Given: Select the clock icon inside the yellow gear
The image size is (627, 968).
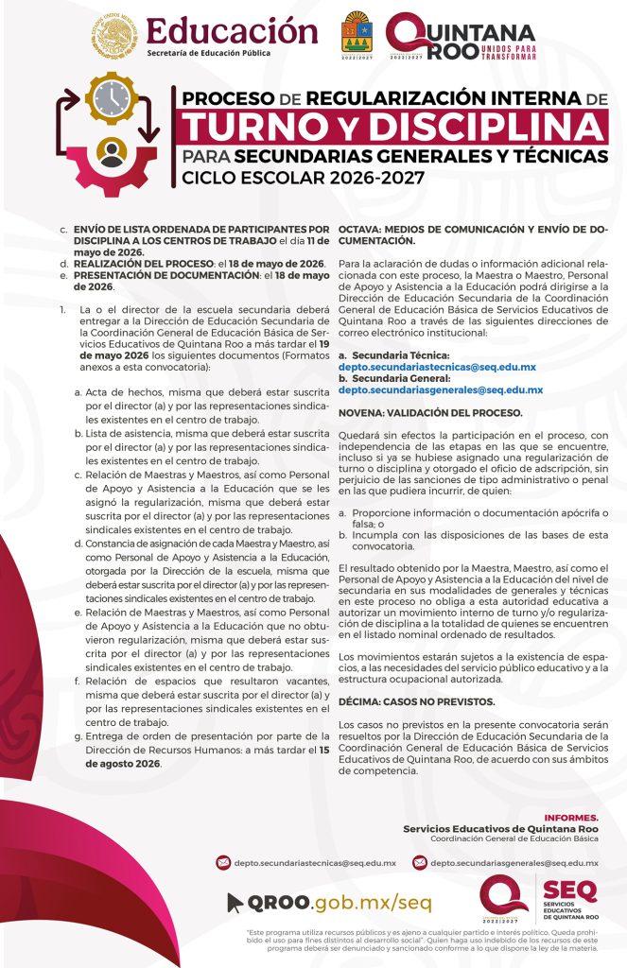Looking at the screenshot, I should coord(113,98).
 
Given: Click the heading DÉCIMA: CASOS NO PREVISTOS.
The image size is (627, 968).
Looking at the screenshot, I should coord(416,701).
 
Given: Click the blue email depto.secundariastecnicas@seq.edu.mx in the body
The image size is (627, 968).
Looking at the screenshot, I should coord(437,366).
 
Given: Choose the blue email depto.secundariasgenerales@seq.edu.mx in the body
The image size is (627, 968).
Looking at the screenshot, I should coord(441,389).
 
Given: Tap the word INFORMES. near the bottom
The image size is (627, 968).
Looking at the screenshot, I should coord(571,817).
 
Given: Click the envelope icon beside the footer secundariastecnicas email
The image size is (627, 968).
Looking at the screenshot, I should coord(223,862).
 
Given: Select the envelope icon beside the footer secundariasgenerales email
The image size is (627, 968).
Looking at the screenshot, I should coord(417,862).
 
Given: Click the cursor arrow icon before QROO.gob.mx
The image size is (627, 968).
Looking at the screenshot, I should coord(235,903).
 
